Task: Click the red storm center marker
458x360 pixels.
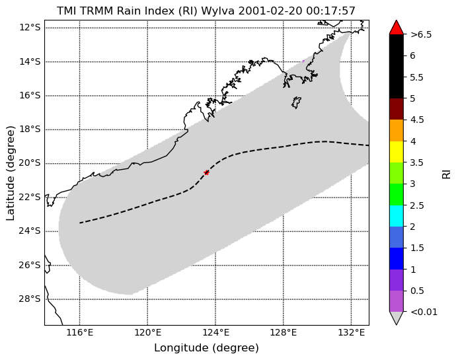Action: pyautogui.click(x=206, y=172)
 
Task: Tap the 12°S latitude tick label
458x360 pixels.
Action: pyautogui.click(x=30, y=28)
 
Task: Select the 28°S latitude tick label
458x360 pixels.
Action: pyautogui.click(x=30, y=299)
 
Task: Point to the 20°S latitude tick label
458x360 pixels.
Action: pyautogui.click(x=30, y=163)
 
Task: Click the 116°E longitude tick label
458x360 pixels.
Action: pyautogui.click(x=80, y=332)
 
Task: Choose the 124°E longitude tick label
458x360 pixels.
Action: pyautogui.click(x=215, y=332)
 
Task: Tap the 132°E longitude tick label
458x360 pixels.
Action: pyautogui.click(x=351, y=332)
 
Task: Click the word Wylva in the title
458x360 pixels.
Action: pyautogui.click(x=218, y=11)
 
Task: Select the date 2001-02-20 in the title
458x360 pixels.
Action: pyautogui.click(x=271, y=11)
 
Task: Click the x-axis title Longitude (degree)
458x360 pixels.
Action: pyautogui.click(x=206, y=348)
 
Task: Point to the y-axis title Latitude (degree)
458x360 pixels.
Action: pyautogui.click(x=10, y=173)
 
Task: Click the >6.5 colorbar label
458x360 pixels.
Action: pyautogui.click(x=421, y=35)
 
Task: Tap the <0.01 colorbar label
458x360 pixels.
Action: pyautogui.click(x=424, y=312)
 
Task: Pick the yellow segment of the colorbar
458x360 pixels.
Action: pyautogui.click(x=397, y=152)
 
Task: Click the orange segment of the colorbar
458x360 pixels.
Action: pyautogui.click(x=397, y=131)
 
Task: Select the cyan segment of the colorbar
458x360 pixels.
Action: pyautogui.click(x=397, y=216)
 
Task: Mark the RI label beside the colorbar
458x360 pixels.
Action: pyautogui.click(x=447, y=174)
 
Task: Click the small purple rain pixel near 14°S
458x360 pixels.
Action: pyautogui.click(x=303, y=61)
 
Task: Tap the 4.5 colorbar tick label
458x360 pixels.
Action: pyautogui.click(x=417, y=120)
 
